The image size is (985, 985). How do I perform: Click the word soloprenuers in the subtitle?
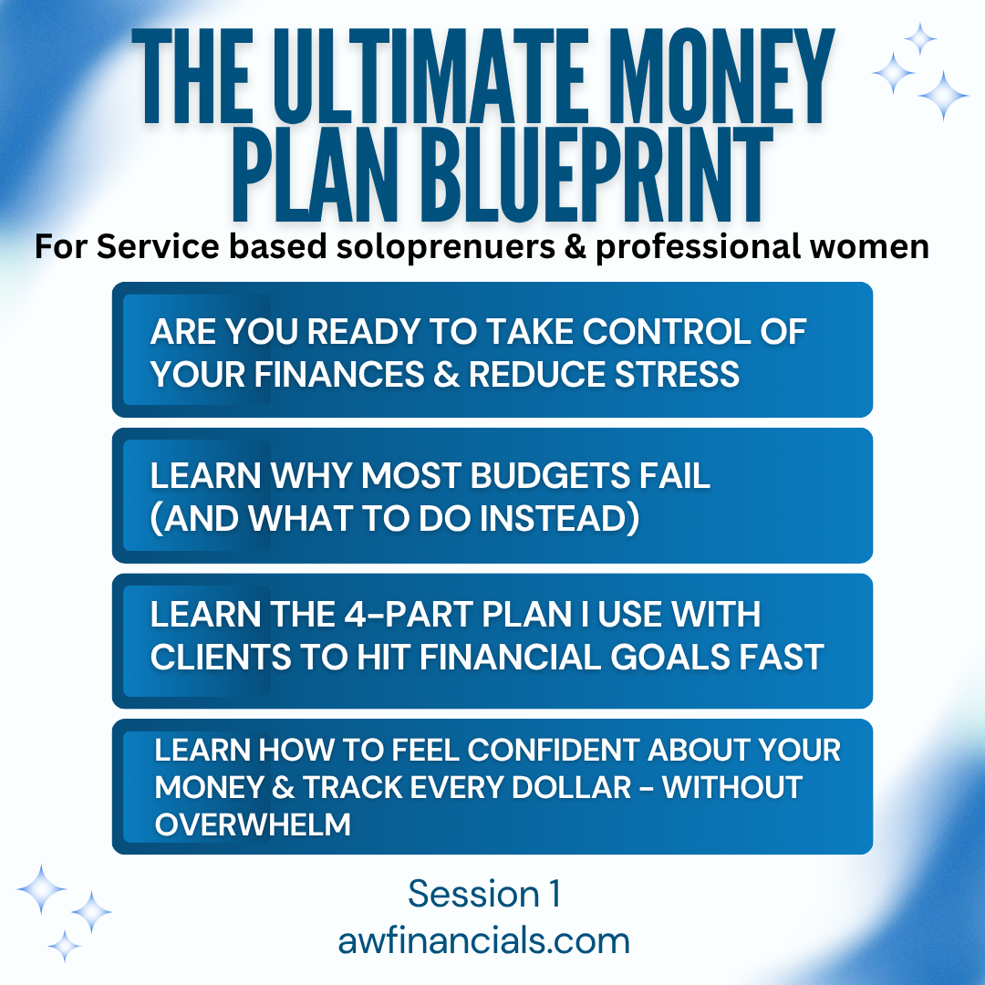point(446,247)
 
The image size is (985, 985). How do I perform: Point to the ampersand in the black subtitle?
point(575,246)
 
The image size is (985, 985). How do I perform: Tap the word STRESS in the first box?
point(677,375)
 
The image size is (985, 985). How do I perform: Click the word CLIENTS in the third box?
point(221,657)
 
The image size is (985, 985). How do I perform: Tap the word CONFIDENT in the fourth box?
point(555,750)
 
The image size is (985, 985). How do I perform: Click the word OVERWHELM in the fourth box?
point(253,824)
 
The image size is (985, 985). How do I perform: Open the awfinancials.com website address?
point(483,940)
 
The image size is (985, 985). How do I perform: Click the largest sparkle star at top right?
point(943,96)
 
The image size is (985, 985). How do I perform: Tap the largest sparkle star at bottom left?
point(41,889)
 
